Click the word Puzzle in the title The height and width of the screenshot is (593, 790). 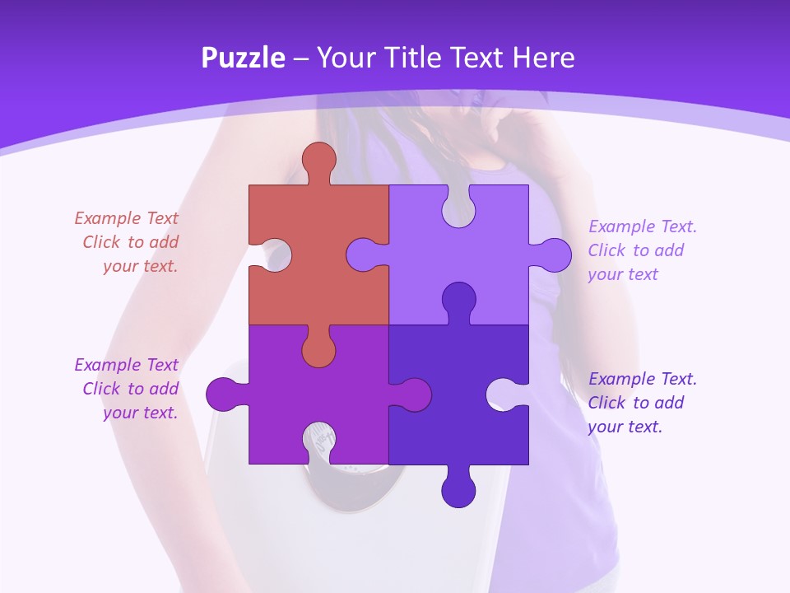[243, 58]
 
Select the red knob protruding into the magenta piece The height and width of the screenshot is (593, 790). [318, 351]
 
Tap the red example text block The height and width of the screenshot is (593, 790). [128, 242]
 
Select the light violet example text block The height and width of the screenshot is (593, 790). [642, 250]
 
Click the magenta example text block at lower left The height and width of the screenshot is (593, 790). [128, 389]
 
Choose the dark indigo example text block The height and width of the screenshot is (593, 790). [642, 403]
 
